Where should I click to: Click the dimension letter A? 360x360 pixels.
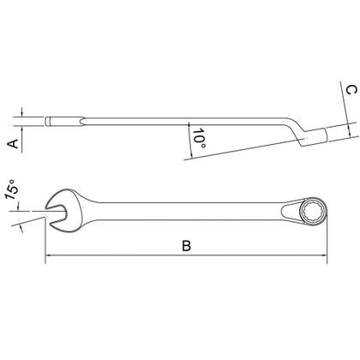[13, 144]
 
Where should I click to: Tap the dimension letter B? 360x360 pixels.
[187, 246]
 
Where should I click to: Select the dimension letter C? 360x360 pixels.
[351, 90]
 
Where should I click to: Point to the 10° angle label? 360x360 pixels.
[199, 138]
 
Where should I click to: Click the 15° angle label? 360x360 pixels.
[11, 189]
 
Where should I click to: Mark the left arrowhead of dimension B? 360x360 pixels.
[48, 255]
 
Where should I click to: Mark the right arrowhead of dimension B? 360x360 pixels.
[324, 255]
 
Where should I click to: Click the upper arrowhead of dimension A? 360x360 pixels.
[21, 114]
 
